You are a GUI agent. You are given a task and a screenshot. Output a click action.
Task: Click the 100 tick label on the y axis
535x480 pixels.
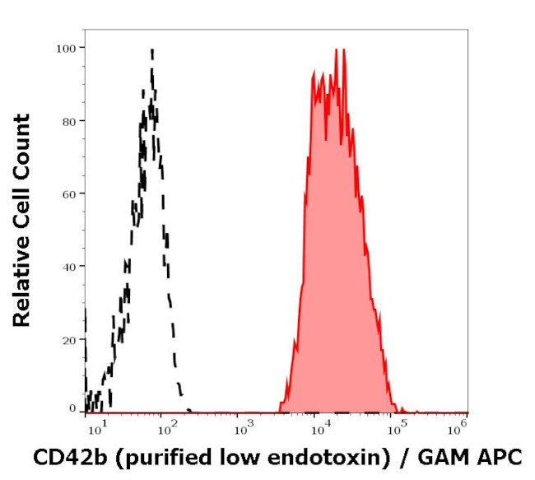[x=66, y=48]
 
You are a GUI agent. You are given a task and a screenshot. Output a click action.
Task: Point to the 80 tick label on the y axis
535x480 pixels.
[x=68, y=121]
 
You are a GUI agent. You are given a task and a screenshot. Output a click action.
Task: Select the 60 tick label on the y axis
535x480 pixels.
[x=68, y=193]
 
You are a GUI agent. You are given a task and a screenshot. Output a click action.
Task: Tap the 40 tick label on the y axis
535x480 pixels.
[x=68, y=266]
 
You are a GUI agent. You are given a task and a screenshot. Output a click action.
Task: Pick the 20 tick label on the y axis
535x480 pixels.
[x=68, y=339]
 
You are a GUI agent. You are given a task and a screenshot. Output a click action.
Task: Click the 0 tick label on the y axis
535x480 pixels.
[x=72, y=408]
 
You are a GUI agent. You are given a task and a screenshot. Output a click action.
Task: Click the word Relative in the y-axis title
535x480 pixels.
[x=21, y=281]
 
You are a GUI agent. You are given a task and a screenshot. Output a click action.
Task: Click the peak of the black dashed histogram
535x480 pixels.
[x=152, y=50]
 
